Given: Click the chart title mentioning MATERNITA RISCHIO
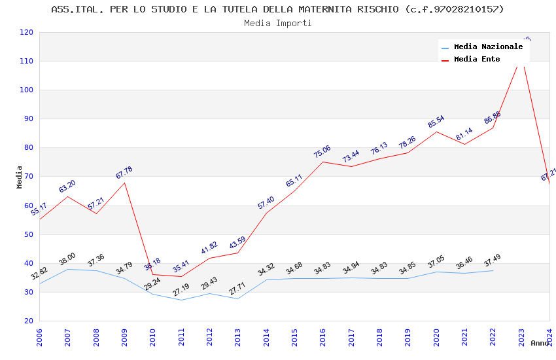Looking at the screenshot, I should point(277,9).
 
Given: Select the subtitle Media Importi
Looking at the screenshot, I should point(277,24).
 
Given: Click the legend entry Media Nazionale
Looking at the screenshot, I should point(488,46).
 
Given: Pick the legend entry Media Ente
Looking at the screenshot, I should point(477,59).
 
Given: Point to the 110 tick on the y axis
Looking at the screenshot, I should point(27,62).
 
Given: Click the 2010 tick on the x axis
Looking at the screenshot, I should point(153,338).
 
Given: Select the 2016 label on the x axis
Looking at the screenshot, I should point(323,338).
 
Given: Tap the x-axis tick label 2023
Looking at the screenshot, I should point(521,338).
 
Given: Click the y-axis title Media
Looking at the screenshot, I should point(20,177).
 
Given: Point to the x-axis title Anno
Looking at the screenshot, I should point(540,343).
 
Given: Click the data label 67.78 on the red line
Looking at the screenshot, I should point(124,173).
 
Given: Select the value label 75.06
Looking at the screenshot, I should point(322,152).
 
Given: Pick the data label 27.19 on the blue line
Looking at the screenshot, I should point(181,289).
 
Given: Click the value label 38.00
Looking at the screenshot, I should point(67,259).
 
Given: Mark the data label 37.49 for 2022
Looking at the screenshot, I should point(493,261).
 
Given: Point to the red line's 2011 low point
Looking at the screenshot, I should point(181,276).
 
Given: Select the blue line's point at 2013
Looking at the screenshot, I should point(238,298).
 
